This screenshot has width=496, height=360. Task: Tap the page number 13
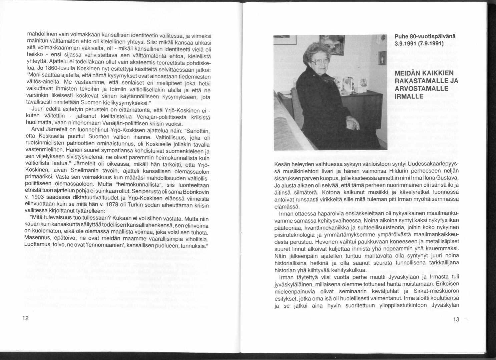pos(456,319)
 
